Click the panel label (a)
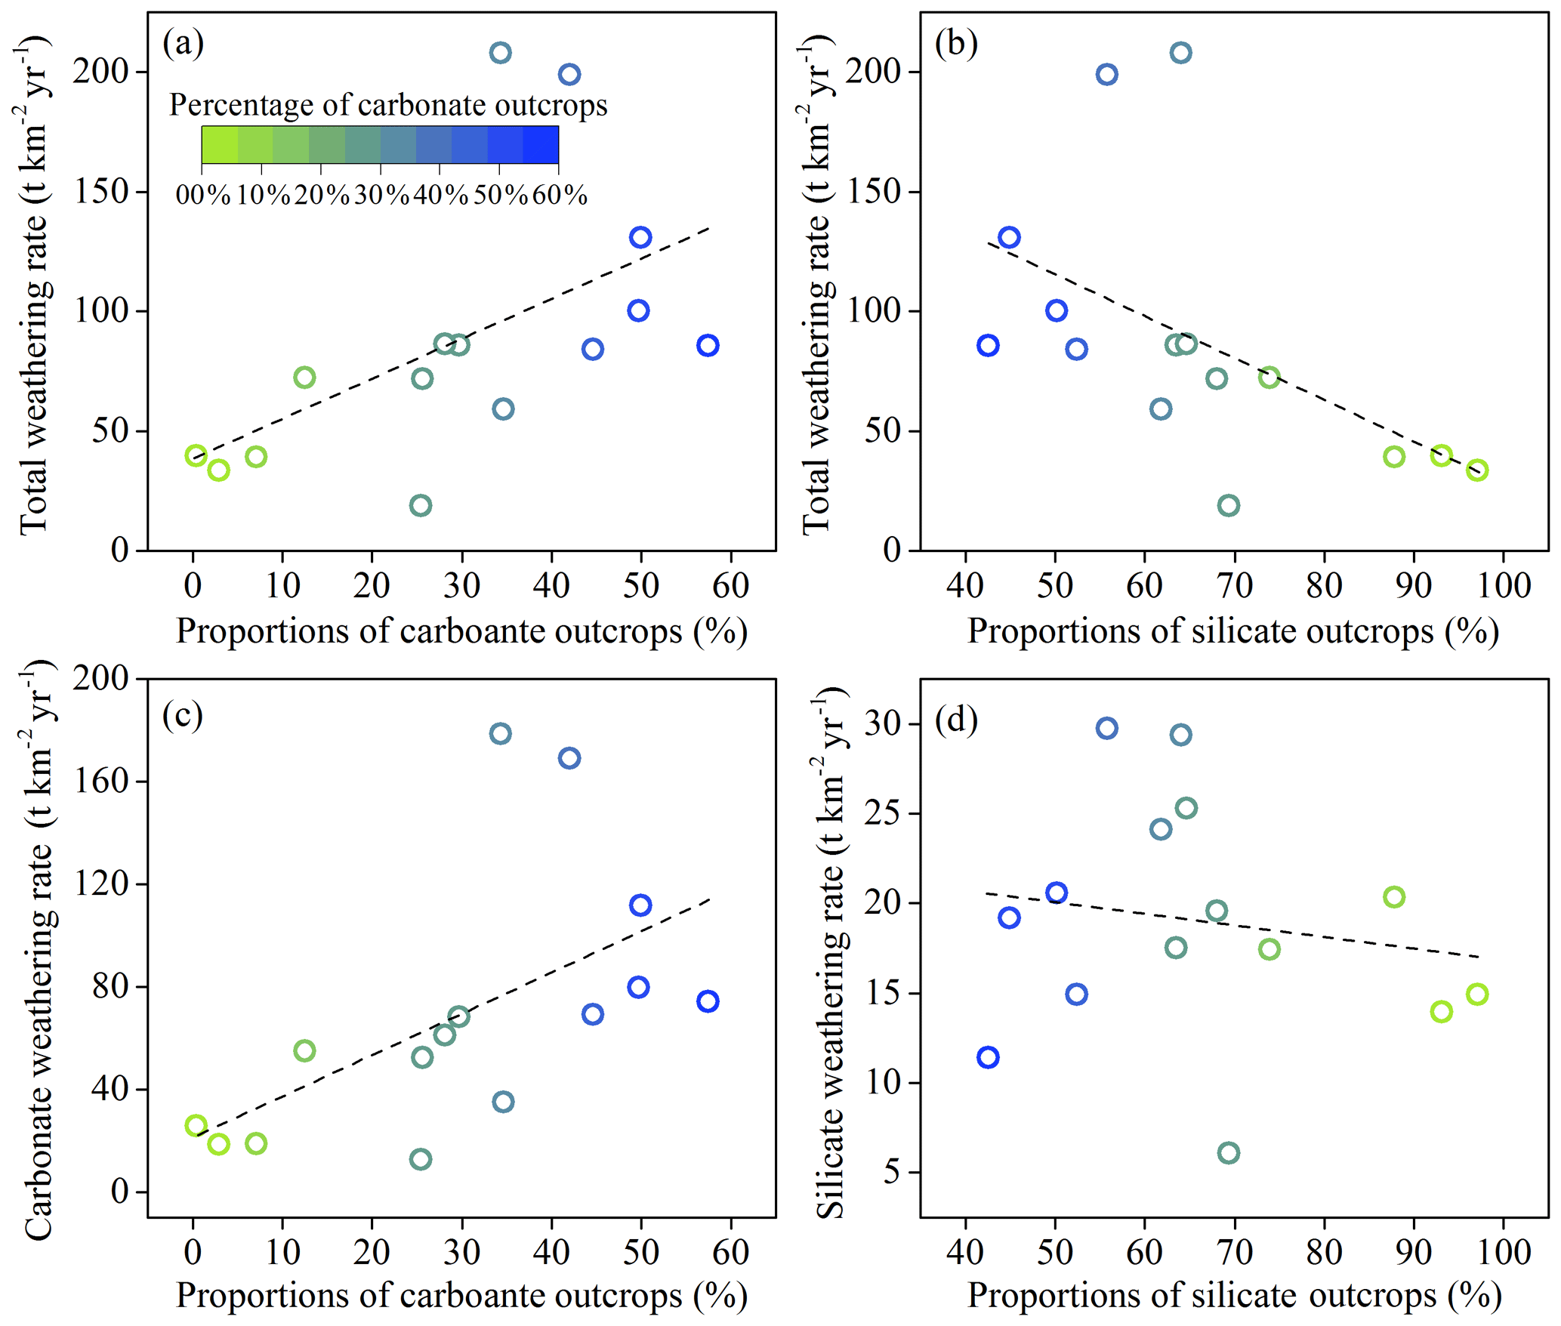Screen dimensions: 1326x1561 183,43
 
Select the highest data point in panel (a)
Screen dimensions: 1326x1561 500,53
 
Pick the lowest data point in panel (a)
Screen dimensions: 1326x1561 421,505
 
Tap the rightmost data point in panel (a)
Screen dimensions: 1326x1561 708,346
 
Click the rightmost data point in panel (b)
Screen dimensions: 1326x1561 1477,470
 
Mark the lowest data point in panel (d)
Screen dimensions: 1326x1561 1229,1153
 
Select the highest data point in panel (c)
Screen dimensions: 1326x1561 500,733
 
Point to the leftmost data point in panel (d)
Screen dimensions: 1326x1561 988,1057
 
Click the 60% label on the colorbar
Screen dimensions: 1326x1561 560,196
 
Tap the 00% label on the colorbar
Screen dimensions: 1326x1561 202,196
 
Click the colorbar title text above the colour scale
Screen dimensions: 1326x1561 388,105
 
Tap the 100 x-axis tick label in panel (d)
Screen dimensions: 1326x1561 1504,1252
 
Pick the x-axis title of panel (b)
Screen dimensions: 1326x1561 1233,631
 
